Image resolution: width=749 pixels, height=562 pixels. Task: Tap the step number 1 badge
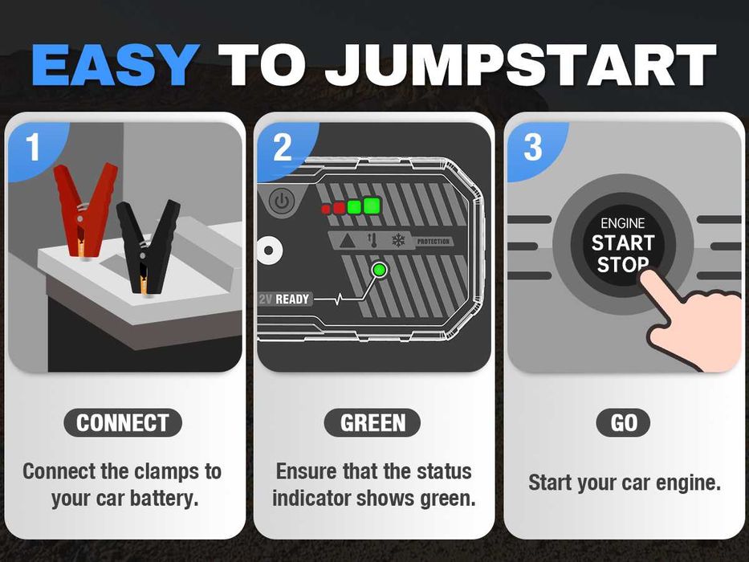pyautogui.click(x=33, y=148)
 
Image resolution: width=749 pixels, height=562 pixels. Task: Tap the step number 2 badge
pyautogui.click(x=282, y=148)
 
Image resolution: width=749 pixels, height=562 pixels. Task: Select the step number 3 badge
pyautogui.click(x=533, y=148)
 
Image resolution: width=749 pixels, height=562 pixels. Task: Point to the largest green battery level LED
pyautogui.click(x=371, y=206)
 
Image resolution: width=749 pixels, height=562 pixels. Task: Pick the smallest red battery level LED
pyautogui.click(x=326, y=209)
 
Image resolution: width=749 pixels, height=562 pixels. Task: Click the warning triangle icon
pyautogui.click(x=347, y=241)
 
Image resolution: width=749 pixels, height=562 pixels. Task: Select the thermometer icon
pyautogui.click(x=372, y=241)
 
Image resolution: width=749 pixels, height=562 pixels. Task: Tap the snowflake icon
pyautogui.click(x=397, y=241)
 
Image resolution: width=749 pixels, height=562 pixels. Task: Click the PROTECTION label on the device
pyautogui.click(x=434, y=242)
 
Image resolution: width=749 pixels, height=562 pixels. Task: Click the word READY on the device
pyautogui.click(x=292, y=299)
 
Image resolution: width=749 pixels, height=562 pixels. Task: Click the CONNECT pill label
pyautogui.click(x=123, y=423)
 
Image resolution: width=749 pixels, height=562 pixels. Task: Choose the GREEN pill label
pyautogui.click(x=372, y=423)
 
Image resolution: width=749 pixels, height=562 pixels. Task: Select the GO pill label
pyautogui.click(x=624, y=423)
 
